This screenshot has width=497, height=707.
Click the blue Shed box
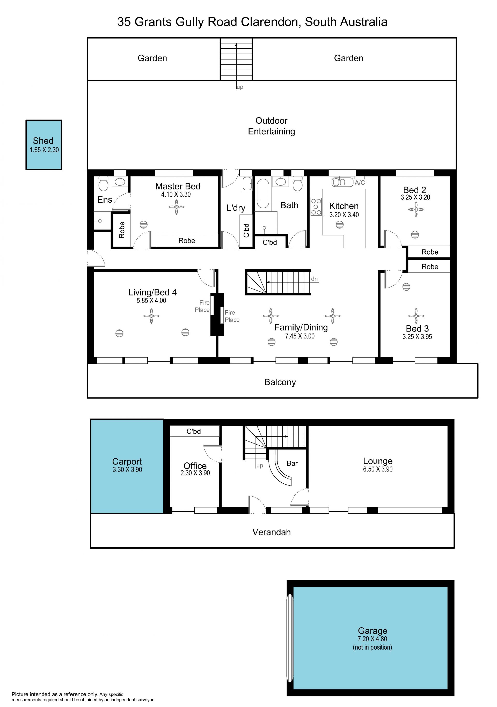coord(44,145)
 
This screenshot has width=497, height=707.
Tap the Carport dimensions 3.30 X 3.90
coord(127,470)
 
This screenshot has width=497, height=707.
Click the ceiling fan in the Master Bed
coord(177,207)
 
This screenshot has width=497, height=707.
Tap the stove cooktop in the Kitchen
coord(316,207)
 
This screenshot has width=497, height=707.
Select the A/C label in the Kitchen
coord(360,183)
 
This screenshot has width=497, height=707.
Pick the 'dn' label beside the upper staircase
coord(315,279)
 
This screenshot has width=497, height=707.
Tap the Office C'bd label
coord(194,431)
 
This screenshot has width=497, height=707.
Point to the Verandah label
coord(272,532)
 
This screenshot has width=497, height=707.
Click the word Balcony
coord(280,382)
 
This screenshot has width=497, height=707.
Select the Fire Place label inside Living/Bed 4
coord(202,306)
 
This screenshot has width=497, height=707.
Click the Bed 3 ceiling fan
coord(416,316)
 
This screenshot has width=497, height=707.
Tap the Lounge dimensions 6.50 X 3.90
coord(378,469)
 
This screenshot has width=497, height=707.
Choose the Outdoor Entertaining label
coord(272,126)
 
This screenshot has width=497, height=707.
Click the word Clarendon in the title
coord(269,22)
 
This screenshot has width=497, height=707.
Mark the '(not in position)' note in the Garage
coord(372,647)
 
